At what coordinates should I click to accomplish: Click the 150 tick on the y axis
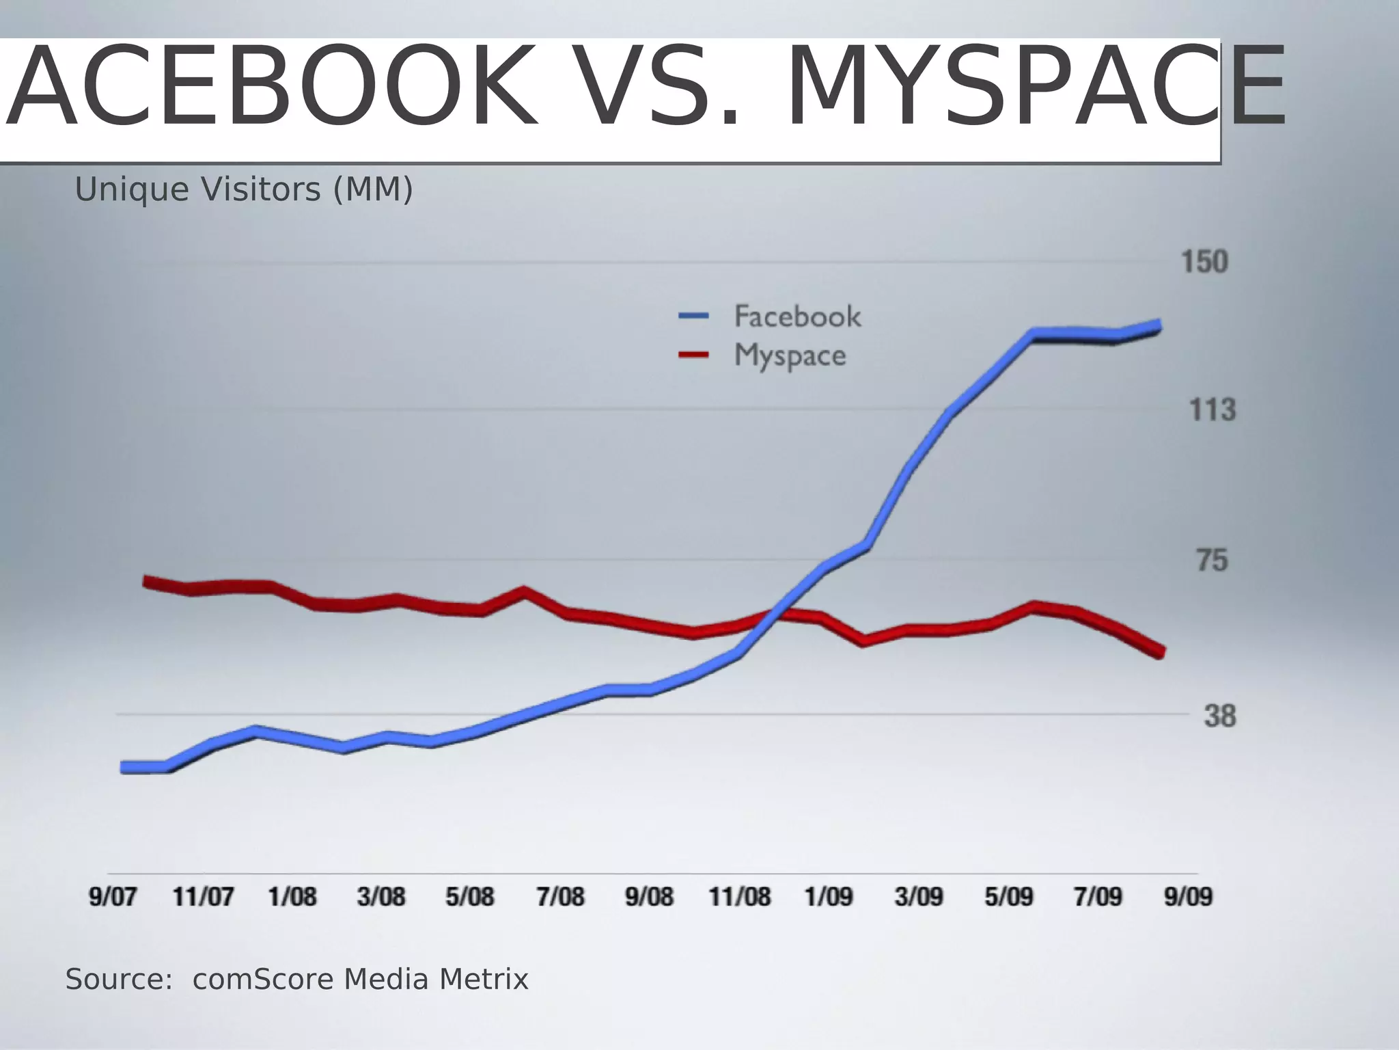[1204, 262]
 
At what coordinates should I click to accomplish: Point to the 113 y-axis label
[1212, 410]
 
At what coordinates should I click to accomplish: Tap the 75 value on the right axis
[1212, 561]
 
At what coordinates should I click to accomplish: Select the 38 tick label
[1219, 716]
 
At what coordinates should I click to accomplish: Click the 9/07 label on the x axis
[113, 896]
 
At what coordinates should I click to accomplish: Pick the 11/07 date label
[203, 896]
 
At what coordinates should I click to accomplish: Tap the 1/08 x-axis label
[292, 896]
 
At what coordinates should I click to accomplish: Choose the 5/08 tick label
[469, 896]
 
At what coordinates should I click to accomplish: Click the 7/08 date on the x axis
[560, 896]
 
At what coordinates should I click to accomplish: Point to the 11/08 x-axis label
[739, 896]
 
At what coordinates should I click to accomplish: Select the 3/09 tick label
[919, 896]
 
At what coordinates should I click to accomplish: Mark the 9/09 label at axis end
[1188, 896]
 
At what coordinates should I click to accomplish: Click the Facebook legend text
[797, 317]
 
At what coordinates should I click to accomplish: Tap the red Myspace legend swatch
[693, 354]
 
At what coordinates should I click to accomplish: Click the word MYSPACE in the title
[1035, 87]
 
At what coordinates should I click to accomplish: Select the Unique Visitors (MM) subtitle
[244, 189]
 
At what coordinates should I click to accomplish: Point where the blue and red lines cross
[774, 612]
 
